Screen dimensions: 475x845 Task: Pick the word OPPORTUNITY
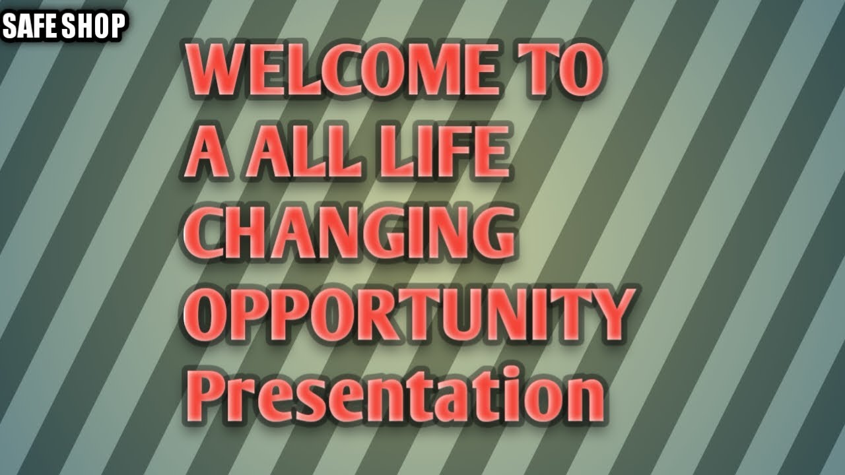click(409, 315)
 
